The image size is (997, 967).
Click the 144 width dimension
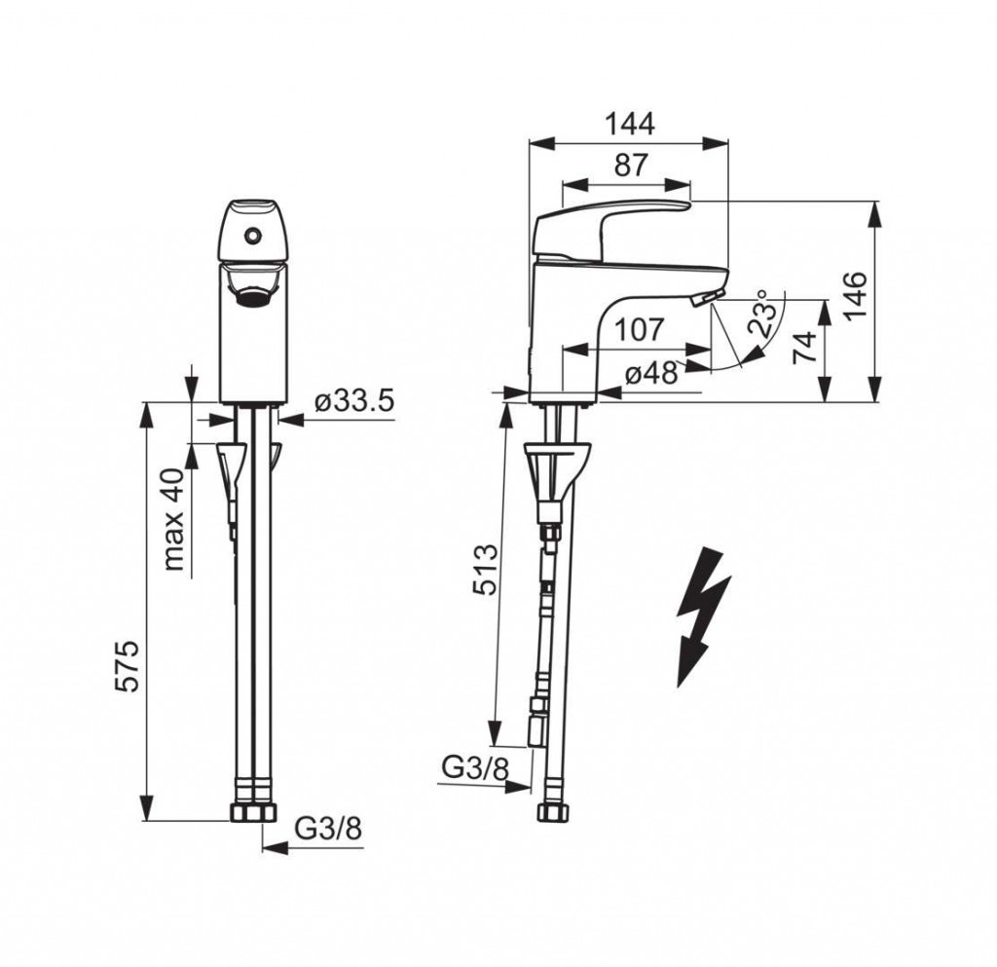click(629, 124)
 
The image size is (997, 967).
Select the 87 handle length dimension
click(631, 166)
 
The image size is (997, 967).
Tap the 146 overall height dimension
click(857, 296)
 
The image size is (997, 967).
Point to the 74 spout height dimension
click(805, 347)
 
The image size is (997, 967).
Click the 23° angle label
click(762, 313)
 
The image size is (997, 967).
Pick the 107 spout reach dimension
click(639, 329)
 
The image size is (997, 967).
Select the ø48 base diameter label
click(651, 374)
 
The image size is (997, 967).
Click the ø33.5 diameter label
click(354, 401)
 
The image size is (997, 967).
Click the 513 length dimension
click(484, 570)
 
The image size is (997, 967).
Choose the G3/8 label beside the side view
click(476, 769)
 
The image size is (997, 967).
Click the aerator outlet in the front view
click(253, 295)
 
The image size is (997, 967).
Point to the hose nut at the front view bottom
click(253, 812)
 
